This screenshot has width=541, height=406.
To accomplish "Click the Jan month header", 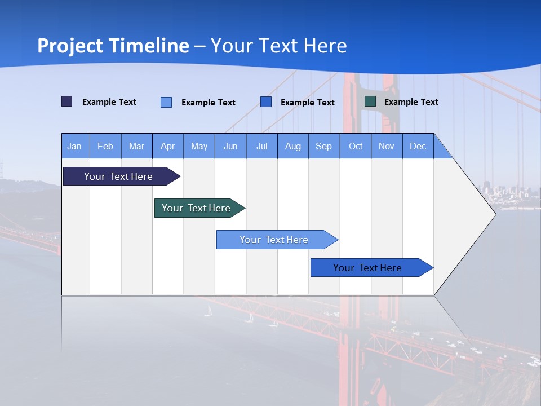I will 74,146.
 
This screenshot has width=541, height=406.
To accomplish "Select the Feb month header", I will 105,146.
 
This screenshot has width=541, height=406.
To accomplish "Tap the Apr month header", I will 167,146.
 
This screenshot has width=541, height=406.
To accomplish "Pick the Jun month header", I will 230,146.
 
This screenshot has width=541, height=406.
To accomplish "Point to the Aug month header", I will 292,146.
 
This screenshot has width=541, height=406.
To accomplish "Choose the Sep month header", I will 323,146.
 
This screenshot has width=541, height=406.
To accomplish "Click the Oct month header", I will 356,146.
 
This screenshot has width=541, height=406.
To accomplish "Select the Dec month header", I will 418,146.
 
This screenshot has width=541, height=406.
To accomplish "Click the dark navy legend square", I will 66,101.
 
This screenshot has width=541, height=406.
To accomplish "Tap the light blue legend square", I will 166,102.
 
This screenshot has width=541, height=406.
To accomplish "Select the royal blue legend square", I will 266,102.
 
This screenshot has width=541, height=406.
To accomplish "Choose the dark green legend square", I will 370,101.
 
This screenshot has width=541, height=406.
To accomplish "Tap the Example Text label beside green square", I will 411,102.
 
